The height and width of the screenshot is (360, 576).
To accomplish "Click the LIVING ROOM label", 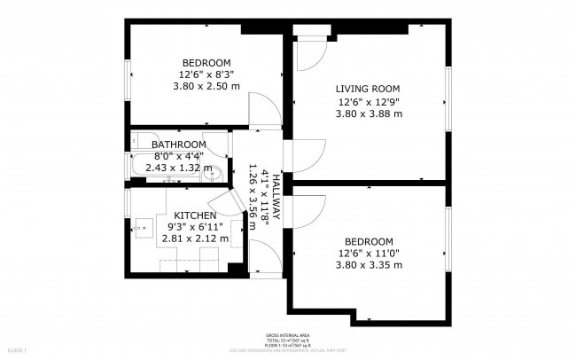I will point(368,89).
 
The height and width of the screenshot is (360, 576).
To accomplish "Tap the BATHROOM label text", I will point(178,145).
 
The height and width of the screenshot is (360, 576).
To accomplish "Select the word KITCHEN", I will point(194,216).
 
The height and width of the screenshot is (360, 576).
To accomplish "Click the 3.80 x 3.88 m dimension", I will point(369,113).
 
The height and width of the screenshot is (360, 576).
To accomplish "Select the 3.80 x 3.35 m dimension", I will point(369,265).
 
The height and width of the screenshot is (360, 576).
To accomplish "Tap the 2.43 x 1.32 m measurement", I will point(178,168).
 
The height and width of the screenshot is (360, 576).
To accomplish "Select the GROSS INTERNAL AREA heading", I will point(287,335).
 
